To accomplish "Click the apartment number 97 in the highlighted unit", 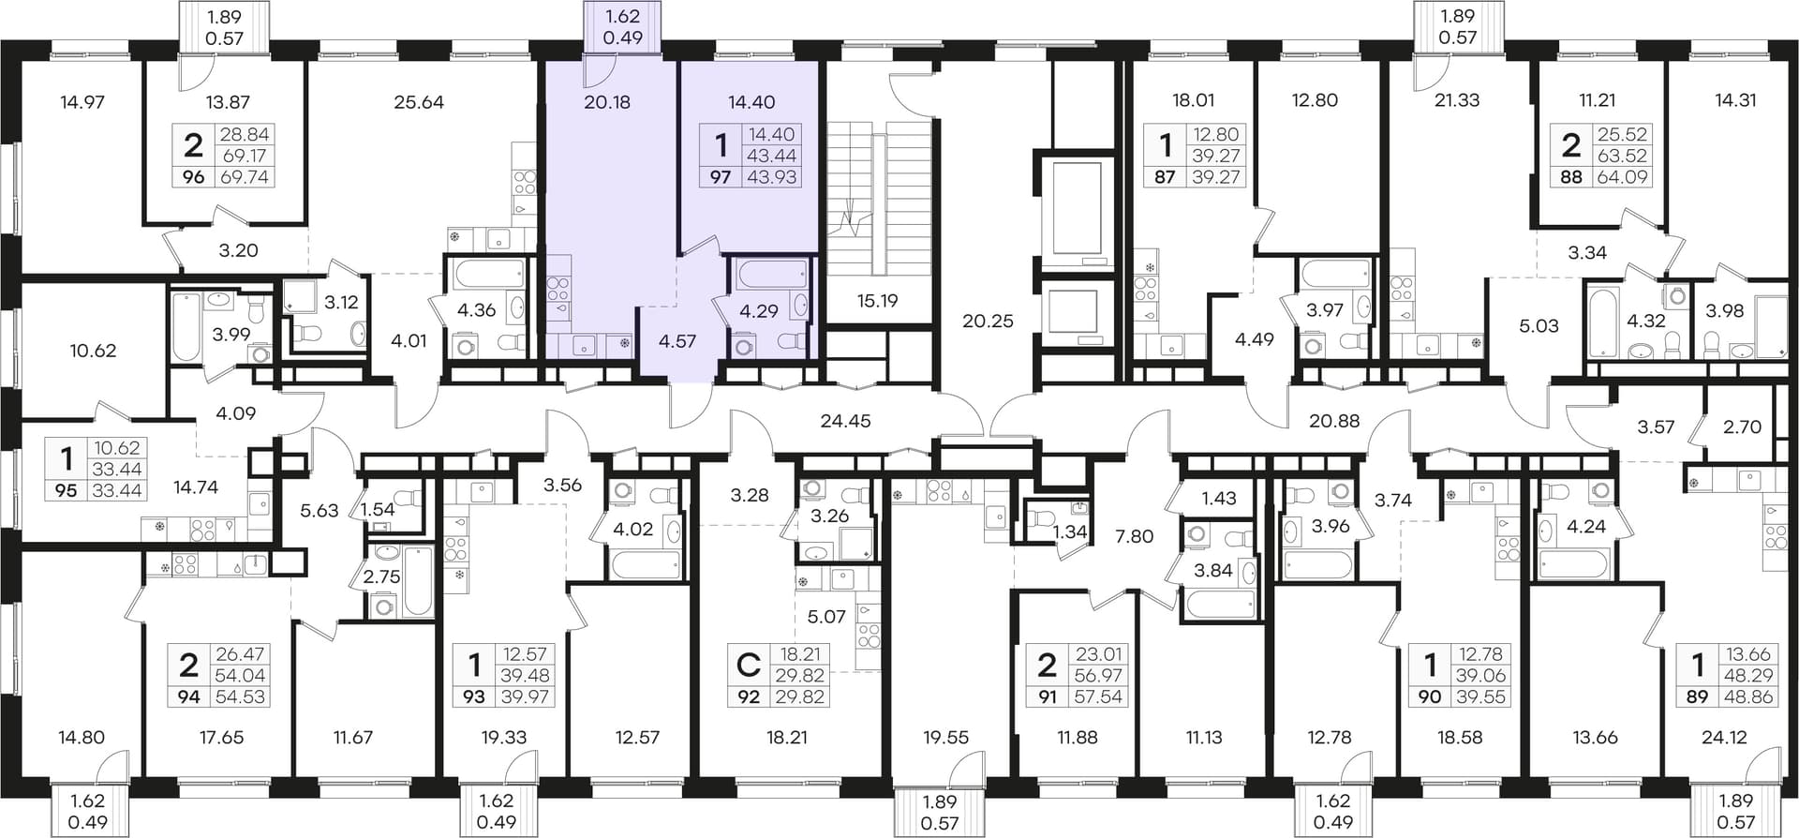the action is pyautogui.click(x=720, y=176).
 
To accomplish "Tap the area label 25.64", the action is pyautogui.click(x=419, y=102).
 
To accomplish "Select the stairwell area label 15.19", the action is pyautogui.click(x=877, y=301).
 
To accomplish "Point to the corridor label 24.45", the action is pyautogui.click(x=845, y=421).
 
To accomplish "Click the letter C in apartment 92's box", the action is pyautogui.click(x=748, y=665).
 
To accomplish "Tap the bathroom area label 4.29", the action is pyautogui.click(x=759, y=311).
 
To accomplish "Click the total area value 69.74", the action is pyautogui.click(x=244, y=176).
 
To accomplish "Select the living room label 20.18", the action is pyautogui.click(x=607, y=102).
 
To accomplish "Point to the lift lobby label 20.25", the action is pyautogui.click(x=989, y=321).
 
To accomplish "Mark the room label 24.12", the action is pyautogui.click(x=1724, y=738).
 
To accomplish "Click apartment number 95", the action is pyautogui.click(x=67, y=490).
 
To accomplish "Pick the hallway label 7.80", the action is pyautogui.click(x=1134, y=536).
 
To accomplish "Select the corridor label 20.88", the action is pyautogui.click(x=1334, y=421).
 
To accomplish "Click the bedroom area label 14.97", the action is pyautogui.click(x=82, y=102).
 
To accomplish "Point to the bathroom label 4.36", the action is pyautogui.click(x=476, y=310).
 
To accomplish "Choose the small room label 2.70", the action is pyautogui.click(x=1743, y=426).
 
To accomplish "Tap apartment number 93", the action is pyautogui.click(x=475, y=696).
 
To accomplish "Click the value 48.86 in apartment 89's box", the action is pyautogui.click(x=1749, y=696).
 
